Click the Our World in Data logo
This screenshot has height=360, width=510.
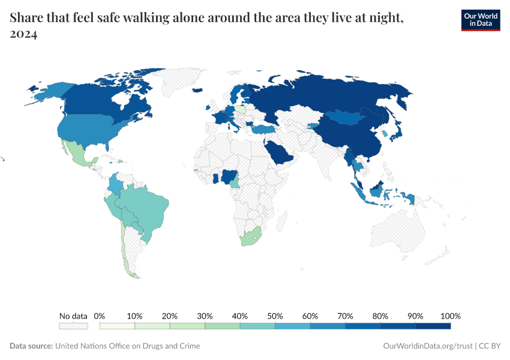point(480,20)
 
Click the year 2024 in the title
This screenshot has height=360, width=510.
point(23,35)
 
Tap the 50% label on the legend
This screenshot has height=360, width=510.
point(275,316)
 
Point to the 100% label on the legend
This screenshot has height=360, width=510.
point(450,316)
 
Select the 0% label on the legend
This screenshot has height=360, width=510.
point(100,316)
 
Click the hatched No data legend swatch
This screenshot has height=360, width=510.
point(73,326)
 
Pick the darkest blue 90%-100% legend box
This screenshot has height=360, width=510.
point(433,326)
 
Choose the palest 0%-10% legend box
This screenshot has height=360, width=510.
point(117,326)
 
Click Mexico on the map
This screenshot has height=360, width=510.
point(76,154)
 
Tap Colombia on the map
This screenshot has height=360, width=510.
point(115,184)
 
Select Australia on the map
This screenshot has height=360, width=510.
point(399,234)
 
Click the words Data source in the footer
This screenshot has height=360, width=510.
point(31,346)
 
